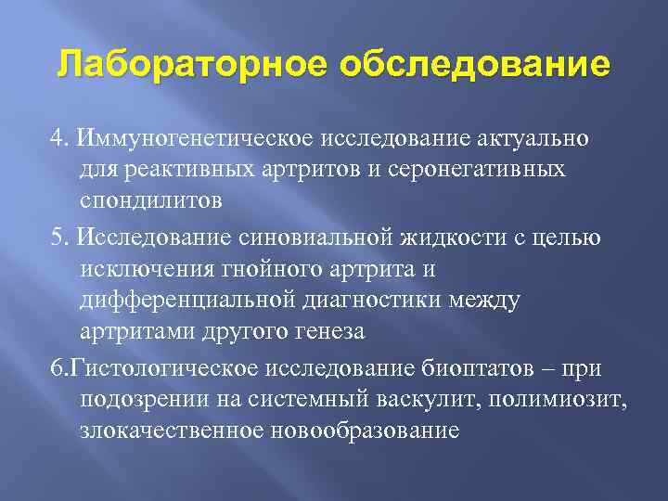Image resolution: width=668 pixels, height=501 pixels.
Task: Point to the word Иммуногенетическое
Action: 197,138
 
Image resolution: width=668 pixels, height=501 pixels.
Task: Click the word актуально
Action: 525,138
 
